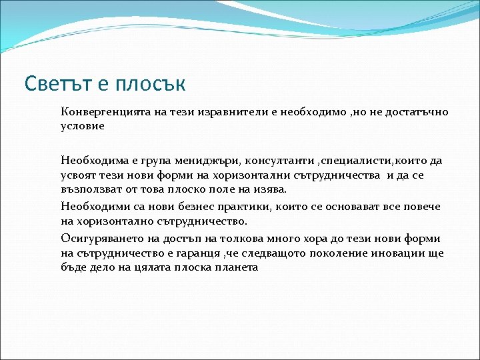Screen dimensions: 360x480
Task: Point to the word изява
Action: (x=272, y=189)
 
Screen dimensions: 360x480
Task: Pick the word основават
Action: (x=346, y=207)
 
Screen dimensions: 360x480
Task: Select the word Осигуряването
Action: (x=99, y=239)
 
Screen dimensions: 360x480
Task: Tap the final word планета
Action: (x=233, y=267)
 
